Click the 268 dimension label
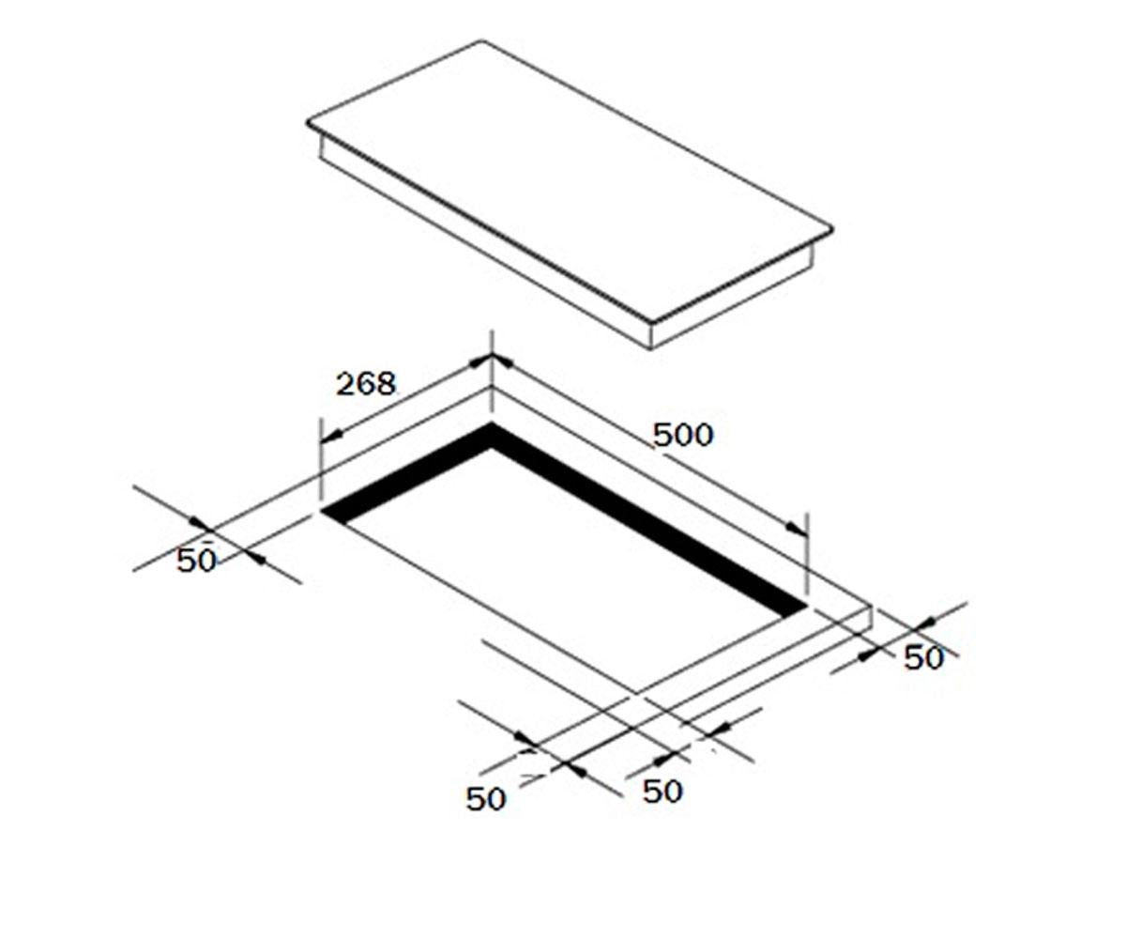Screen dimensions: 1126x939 tap(366, 384)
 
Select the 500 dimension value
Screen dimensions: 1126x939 tap(683, 435)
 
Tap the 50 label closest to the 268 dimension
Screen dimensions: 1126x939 tap(196, 561)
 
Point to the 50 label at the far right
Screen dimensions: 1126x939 tap(923, 658)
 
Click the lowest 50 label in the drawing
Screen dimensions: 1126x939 tap(486, 799)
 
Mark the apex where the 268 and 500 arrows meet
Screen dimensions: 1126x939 tap(492, 355)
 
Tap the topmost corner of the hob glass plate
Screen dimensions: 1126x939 tap(481, 40)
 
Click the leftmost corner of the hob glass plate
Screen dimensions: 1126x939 tap(308, 123)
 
